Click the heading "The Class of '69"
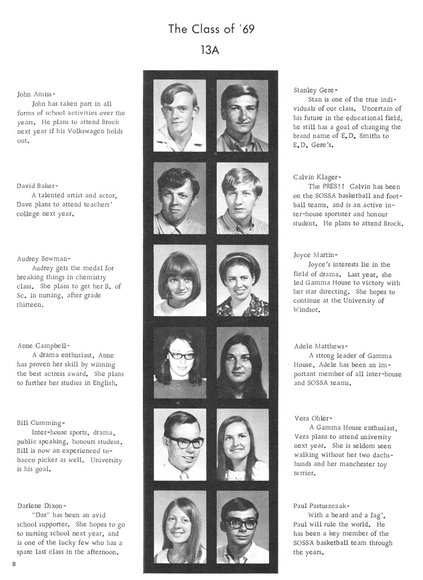pos(211,29)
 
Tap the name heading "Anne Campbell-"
pos(44,345)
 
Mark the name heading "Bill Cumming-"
pos(41,423)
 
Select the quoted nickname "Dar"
pos(42,515)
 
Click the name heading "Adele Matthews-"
pos(321,346)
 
